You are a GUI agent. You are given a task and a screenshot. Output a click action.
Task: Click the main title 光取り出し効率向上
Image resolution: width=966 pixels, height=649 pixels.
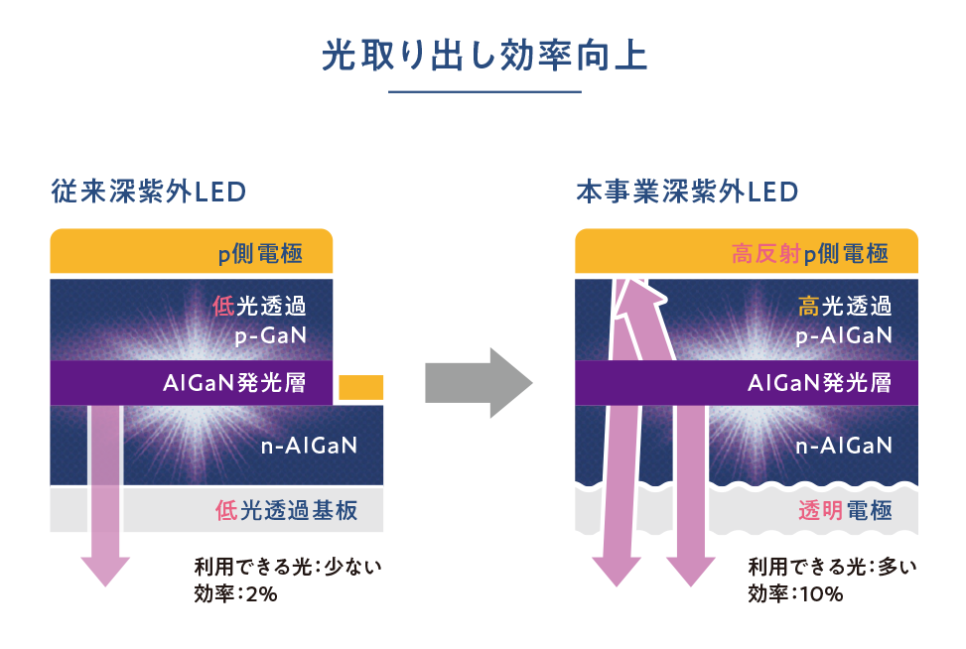pos(484,56)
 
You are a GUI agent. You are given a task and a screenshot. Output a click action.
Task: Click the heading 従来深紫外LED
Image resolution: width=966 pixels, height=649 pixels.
pos(149,192)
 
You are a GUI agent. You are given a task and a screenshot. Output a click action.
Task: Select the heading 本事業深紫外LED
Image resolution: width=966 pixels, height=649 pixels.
pos(687,192)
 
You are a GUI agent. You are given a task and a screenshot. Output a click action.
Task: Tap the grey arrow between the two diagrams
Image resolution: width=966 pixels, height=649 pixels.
pos(479,383)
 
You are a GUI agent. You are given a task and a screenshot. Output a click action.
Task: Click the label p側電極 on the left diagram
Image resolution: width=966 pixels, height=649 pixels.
pos(260,253)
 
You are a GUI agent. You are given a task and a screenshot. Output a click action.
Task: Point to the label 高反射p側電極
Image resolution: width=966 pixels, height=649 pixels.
pos(810,253)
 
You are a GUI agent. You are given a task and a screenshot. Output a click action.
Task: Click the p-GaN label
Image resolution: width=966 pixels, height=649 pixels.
pos(270,335)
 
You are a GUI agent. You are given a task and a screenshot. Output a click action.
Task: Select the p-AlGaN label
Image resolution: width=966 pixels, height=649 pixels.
pos(844,335)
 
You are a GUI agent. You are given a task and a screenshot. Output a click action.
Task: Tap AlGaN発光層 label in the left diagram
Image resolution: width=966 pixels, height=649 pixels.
pos(234,383)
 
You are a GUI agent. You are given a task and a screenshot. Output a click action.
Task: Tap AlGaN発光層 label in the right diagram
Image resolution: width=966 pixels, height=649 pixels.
pos(820,383)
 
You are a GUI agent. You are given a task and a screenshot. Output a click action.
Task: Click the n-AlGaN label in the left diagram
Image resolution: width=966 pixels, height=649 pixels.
pos(310,446)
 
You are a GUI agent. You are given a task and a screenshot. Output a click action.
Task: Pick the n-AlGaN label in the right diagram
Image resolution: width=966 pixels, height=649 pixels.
pos(844,446)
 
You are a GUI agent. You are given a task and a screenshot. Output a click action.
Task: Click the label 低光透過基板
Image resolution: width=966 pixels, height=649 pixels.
pos(287,510)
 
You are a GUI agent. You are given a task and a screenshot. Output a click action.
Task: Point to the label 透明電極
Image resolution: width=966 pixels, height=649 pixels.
pos(845,510)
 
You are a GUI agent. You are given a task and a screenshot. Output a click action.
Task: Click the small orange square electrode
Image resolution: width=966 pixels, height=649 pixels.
pos(361,387)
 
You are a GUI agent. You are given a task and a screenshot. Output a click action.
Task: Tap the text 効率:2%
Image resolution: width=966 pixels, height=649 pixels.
pos(236,594)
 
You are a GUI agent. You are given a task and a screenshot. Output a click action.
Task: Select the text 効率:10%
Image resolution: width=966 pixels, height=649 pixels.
pos(795,594)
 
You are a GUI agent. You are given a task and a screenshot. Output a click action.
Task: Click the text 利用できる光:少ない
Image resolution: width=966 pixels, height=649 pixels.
pos(288,567)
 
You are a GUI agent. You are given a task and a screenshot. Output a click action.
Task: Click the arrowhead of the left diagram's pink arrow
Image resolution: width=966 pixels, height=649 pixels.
pos(105,571)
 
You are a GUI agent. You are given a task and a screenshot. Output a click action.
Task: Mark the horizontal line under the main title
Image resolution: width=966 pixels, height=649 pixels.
pos(484,92)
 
